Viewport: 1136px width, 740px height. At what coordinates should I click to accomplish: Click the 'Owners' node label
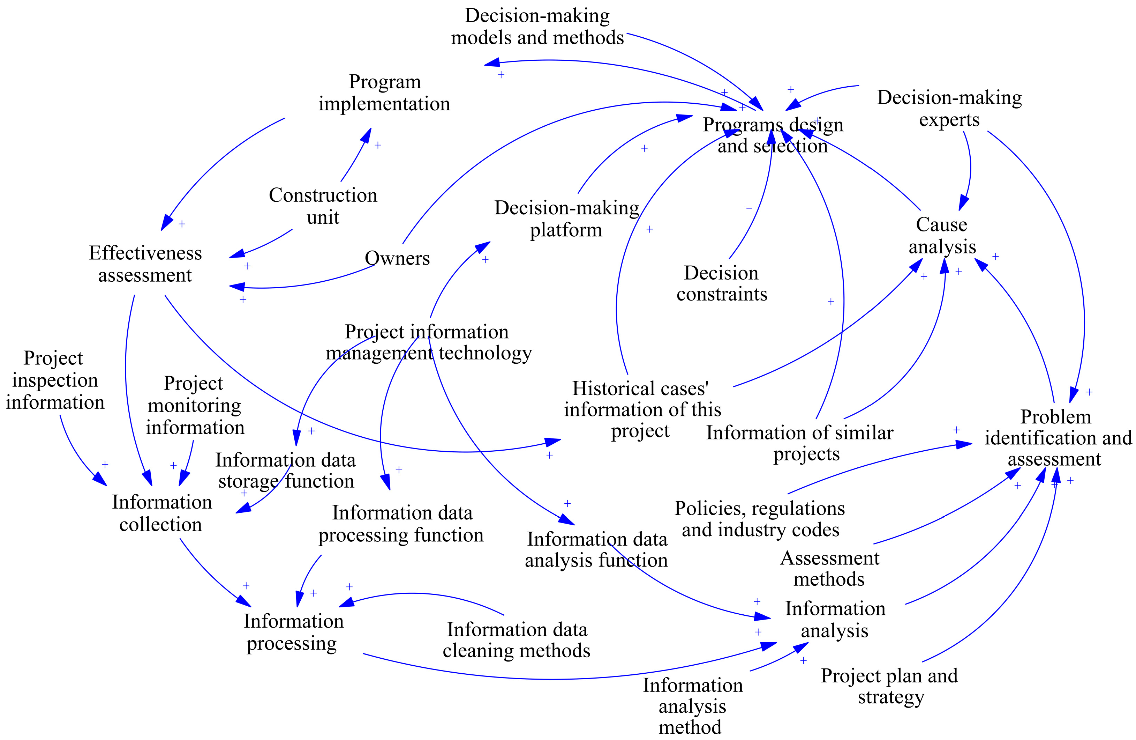(397, 258)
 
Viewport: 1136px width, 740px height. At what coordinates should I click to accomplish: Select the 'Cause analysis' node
(942, 236)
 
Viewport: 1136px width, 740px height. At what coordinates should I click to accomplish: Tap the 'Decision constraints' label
(722, 283)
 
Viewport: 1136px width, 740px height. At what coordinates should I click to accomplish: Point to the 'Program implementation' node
(385, 93)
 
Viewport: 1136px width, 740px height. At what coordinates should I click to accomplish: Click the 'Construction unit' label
(323, 206)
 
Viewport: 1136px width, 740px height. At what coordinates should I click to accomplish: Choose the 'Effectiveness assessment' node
(145, 264)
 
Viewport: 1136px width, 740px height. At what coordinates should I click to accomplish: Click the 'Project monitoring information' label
(195, 405)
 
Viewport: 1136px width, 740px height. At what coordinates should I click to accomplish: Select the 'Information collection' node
(161, 513)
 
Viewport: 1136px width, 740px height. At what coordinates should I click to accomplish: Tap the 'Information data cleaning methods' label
(517, 640)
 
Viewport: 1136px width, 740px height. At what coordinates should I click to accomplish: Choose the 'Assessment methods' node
(829, 569)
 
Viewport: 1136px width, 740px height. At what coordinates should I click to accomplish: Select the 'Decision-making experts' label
(949, 109)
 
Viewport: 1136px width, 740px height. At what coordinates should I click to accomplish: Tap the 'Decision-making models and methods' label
(537, 27)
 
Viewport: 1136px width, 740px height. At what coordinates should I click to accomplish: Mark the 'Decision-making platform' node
(566, 219)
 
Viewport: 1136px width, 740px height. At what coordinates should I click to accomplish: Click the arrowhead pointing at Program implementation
(367, 134)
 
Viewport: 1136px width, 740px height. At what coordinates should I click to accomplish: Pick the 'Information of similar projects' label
(800, 443)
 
